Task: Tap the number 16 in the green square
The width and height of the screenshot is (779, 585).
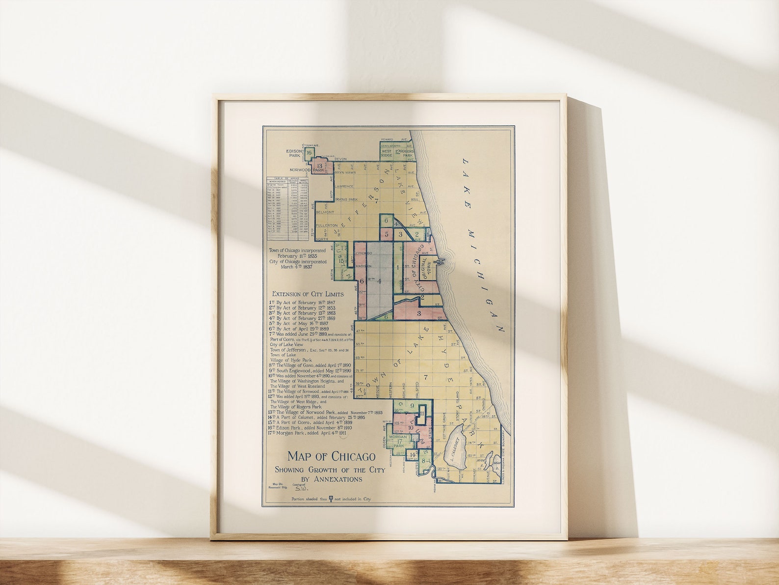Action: (309, 153)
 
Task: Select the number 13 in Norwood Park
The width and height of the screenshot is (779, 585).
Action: (319, 167)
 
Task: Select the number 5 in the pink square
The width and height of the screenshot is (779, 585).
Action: (387, 234)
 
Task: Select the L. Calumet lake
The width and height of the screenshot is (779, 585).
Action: (457, 447)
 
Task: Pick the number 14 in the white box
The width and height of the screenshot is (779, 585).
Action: (413, 455)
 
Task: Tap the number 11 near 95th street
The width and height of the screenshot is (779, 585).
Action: (422, 414)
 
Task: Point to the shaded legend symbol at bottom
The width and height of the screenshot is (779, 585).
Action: (331, 498)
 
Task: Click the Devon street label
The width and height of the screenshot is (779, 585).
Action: (340, 159)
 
